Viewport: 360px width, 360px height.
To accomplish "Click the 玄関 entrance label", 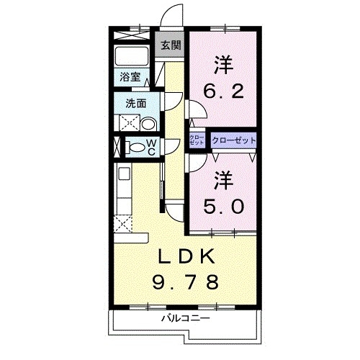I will tap(171, 45).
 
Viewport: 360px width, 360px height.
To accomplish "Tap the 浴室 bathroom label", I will tap(130, 76).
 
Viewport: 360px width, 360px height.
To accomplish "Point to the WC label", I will tap(153, 146).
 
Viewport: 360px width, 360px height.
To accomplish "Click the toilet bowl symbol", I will tap(136, 148).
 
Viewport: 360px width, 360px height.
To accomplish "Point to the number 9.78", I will tap(185, 282).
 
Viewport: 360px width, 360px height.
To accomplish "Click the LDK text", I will tap(185, 257).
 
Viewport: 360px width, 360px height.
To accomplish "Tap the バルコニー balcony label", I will tap(185, 318).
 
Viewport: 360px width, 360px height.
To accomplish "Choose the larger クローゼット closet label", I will tap(233, 140).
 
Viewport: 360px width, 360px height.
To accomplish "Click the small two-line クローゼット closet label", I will tap(197, 140).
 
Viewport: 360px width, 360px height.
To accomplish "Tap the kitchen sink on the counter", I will tap(122, 174).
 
